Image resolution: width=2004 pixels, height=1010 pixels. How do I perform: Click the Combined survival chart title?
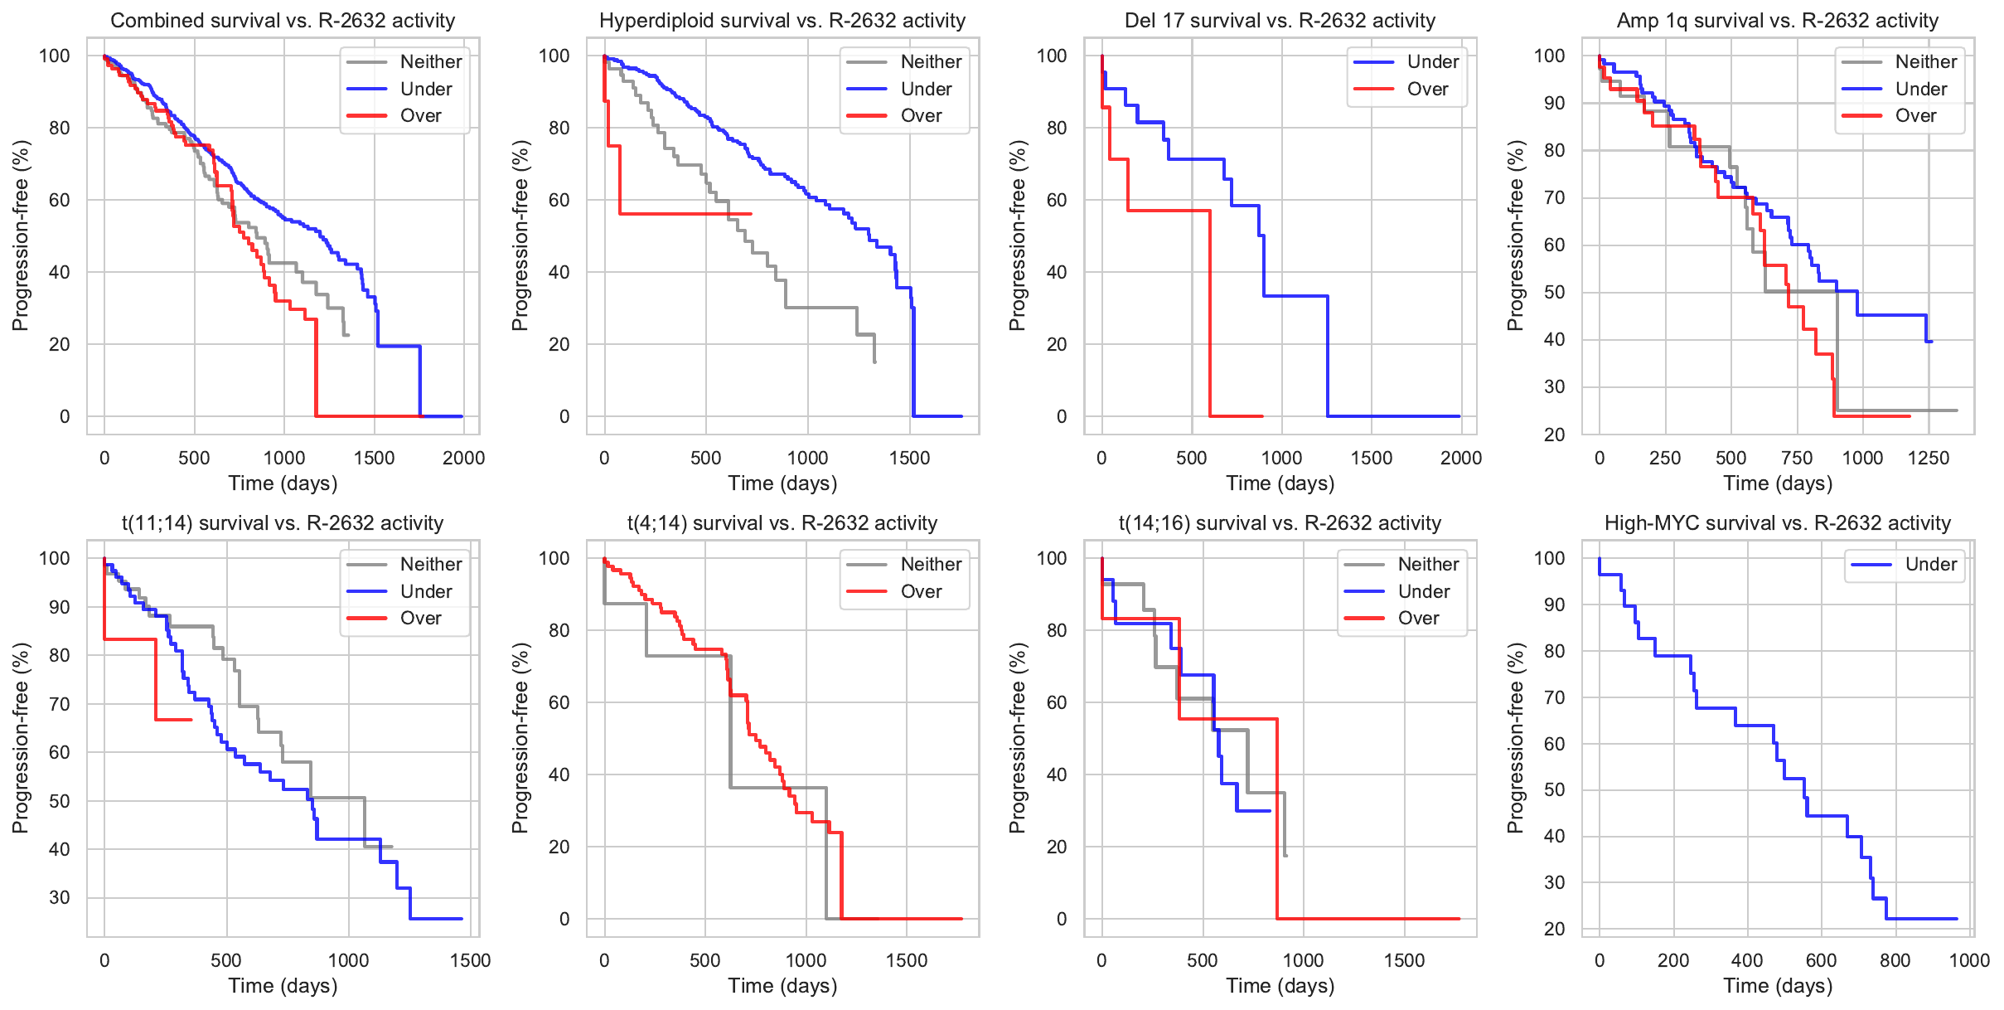(283, 21)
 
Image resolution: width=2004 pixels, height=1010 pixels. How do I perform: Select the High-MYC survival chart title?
(1777, 523)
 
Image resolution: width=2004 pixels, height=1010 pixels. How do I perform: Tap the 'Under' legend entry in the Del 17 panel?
(1432, 62)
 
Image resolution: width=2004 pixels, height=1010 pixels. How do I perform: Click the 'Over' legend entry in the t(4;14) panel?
(921, 592)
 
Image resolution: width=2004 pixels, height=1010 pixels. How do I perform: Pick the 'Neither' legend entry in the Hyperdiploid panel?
(931, 62)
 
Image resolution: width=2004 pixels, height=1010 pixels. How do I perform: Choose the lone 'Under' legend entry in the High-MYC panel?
(1930, 565)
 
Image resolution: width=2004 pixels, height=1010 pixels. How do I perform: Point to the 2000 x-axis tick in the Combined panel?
(463, 458)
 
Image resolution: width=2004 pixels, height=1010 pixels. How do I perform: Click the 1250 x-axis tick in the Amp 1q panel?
(1928, 458)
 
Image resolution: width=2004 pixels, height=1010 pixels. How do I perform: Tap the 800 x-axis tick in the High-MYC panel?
(1895, 960)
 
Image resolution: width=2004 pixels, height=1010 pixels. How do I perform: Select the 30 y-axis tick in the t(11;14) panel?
(60, 897)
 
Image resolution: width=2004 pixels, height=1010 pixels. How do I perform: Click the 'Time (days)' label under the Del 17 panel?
(1280, 483)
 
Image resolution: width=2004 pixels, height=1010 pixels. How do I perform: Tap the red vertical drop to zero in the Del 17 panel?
(1210, 315)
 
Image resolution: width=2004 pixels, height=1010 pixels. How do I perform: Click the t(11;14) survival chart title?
(283, 523)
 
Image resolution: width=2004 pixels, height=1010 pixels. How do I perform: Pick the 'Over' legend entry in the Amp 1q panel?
(1915, 116)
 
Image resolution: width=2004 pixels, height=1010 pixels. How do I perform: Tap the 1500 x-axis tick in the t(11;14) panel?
(470, 960)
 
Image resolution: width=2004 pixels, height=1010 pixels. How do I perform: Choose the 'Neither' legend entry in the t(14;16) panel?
(1428, 565)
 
